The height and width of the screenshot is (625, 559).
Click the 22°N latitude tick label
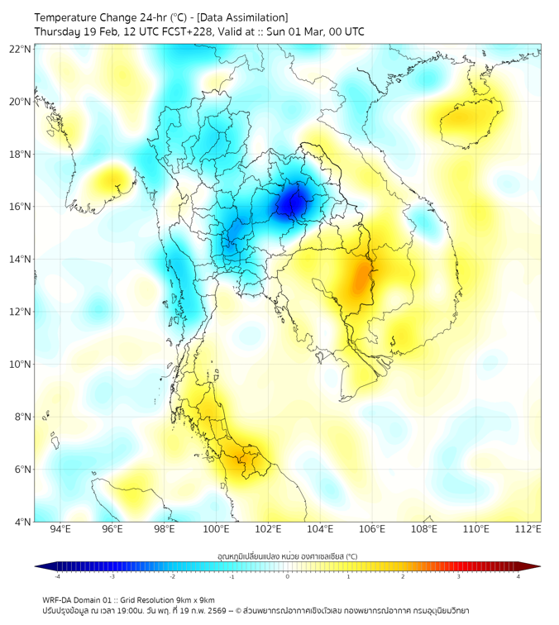click(21, 49)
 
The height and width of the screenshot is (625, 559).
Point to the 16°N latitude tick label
click(21, 207)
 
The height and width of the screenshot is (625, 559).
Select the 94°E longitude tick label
click(60, 529)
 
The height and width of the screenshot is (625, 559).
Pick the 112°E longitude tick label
click(528, 529)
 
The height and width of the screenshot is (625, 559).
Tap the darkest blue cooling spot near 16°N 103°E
click(290, 202)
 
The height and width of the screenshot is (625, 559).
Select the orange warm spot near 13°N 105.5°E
click(361, 281)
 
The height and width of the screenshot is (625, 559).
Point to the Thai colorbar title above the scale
click(287, 556)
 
